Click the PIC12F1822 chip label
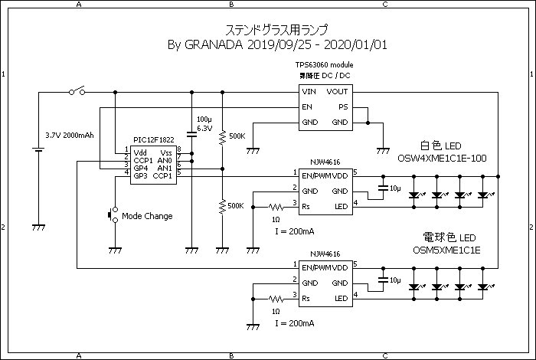(152, 140)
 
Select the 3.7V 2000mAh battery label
(69, 135)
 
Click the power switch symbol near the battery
(77, 92)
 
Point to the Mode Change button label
(147, 216)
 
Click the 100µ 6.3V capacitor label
(204, 124)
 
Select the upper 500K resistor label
(236, 136)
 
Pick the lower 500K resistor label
(236, 205)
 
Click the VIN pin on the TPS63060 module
(309, 92)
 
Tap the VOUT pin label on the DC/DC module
(337, 92)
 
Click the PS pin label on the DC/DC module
(342, 107)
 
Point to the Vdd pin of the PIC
(140, 152)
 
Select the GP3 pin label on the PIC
(140, 176)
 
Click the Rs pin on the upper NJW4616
(306, 207)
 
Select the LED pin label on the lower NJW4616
(340, 298)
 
